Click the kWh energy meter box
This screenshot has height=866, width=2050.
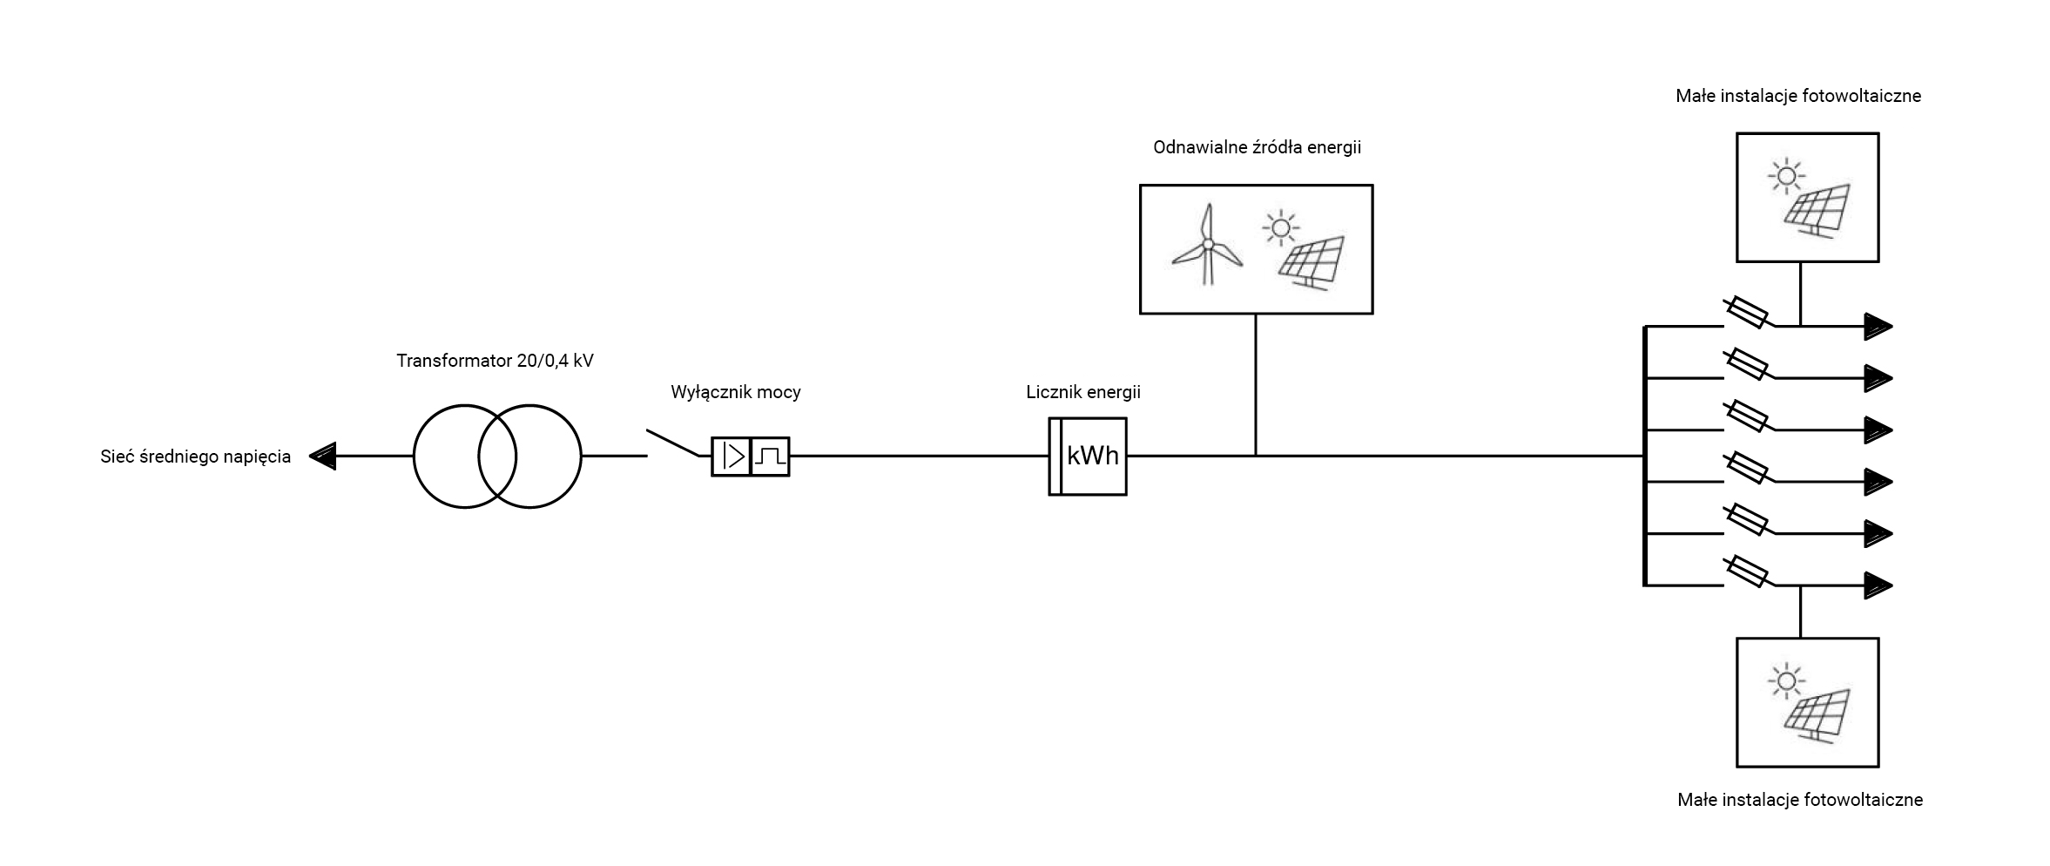1087,457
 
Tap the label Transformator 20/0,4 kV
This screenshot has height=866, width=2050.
495,361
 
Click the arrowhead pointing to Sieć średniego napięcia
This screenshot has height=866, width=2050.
323,456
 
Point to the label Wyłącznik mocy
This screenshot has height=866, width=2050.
735,392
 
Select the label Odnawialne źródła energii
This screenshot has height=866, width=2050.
1257,147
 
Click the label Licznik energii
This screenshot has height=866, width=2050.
1082,392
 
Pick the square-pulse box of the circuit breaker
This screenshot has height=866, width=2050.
770,457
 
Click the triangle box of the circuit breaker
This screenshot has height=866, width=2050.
732,457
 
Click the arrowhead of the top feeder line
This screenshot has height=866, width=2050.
1878,327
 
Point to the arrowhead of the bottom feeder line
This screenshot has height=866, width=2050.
1878,585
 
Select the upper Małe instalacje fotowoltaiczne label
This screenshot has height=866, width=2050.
1797,96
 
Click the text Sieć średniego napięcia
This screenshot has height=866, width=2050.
195,457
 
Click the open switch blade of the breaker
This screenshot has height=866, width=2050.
672,443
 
